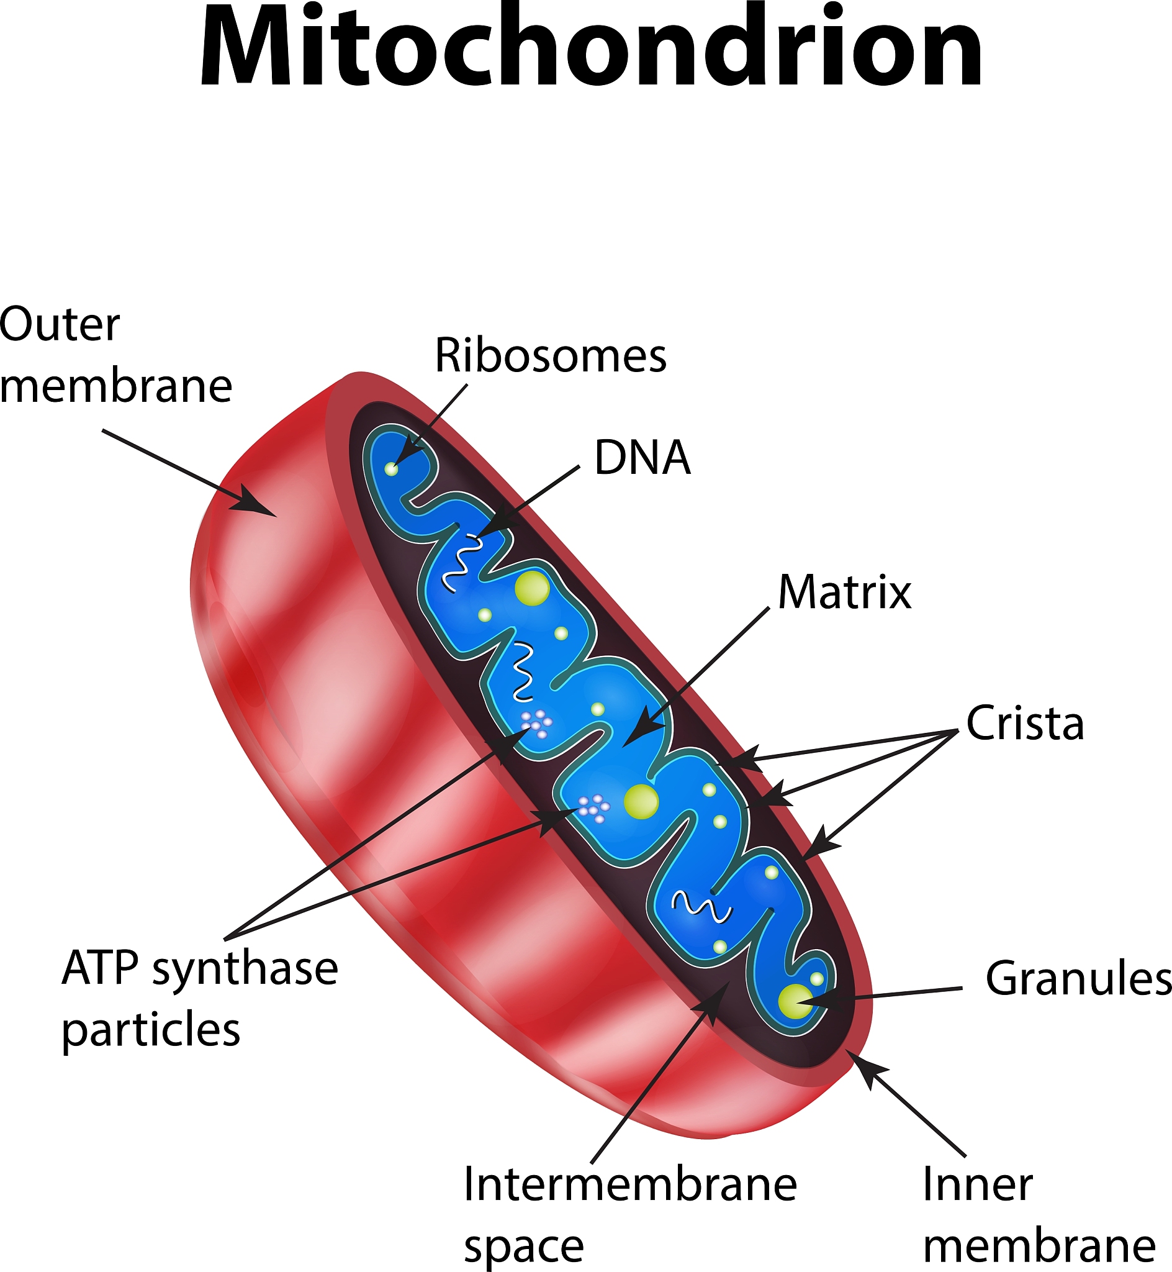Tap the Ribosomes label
550,355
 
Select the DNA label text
642,457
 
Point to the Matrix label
844,592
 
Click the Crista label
1025,723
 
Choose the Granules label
1078,978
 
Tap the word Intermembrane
629,1184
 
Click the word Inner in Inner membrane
977,1184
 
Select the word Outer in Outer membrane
60,324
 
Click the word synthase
245,970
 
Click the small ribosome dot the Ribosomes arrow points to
391,469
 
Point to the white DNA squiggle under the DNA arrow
461,561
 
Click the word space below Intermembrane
523,1247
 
